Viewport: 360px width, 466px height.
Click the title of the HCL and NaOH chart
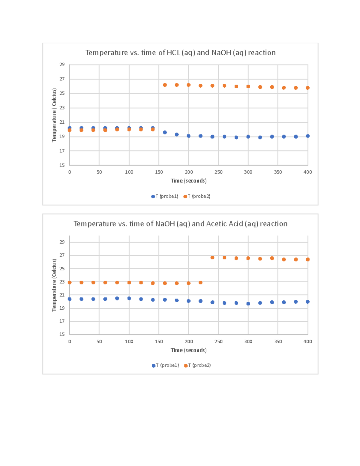point(180,53)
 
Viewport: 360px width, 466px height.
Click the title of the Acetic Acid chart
point(180,224)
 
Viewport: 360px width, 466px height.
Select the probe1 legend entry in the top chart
point(165,196)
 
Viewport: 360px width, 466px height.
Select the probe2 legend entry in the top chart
point(197,196)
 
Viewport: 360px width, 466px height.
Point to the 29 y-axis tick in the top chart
point(62,65)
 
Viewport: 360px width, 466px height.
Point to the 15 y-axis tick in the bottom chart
point(62,334)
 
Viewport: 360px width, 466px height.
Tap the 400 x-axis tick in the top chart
point(307,172)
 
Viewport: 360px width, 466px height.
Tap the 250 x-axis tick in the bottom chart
point(218,341)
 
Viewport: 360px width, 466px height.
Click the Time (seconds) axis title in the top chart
point(188,181)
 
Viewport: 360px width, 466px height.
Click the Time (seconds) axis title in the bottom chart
point(188,350)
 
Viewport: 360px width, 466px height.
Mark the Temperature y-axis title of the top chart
point(54,115)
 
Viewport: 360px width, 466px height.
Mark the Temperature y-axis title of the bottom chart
point(54,285)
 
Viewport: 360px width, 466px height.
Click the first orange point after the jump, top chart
point(165,85)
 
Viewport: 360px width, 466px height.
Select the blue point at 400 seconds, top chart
point(307,136)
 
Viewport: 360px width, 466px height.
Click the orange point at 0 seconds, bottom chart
point(70,282)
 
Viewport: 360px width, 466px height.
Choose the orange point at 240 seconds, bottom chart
point(212,257)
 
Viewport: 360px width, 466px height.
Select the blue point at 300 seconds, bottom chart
point(248,304)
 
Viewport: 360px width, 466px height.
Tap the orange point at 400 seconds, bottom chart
point(307,259)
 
